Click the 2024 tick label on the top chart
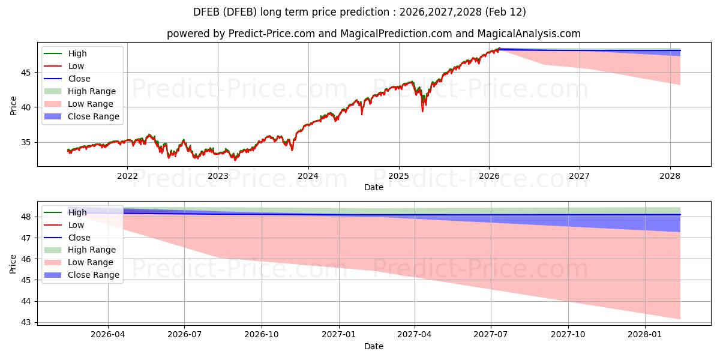(x=308, y=176)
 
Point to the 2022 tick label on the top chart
(x=127, y=176)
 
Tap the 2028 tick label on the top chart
(x=670, y=176)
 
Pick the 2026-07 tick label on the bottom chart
(x=184, y=334)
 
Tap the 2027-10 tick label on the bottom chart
(x=568, y=334)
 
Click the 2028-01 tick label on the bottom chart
(x=645, y=334)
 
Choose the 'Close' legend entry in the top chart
(x=79, y=79)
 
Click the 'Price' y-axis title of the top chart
(x=13, y=106)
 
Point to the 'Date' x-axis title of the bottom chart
(x=373, y=346)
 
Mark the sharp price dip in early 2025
(x=422, y=110)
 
